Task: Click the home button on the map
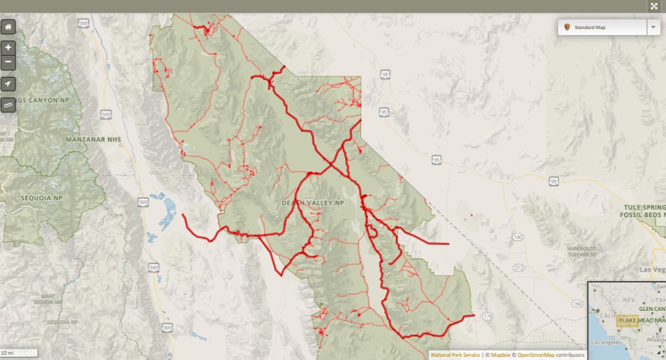(x=8, y=27)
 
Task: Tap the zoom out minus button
(x=8, y=62)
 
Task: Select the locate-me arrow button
(x=8, y=84)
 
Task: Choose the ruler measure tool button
(x=8, y=104)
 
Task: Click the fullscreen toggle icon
(x=654, y=6)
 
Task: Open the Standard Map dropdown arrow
(x=654, y=27)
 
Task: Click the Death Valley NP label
(x=313, y=203)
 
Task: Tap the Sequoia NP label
(x=40, y=198)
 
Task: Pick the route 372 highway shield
(x=519, y=267)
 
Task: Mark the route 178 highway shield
(x=488, y=316)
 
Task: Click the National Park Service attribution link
(x=455, y=355)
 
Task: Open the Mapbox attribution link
(x=500, y=355)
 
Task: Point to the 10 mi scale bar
(x=19, y=353)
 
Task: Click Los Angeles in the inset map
(x=601, y=341)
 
